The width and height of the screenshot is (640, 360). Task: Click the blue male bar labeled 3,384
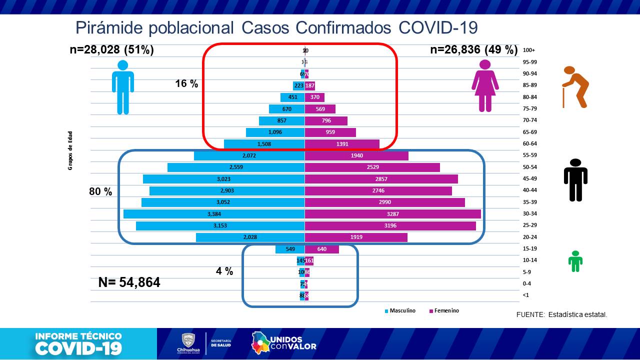(214, 214)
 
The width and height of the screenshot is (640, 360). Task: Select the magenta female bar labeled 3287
(392, 214)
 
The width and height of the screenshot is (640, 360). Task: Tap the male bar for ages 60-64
(264, 144)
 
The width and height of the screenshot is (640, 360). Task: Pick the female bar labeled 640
(321, 249)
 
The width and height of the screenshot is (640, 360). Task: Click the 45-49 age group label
(529, 179)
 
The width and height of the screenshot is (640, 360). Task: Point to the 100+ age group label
(529, 50)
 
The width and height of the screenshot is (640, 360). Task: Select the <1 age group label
(525, 295)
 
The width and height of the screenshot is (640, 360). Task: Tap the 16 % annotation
(186, 84)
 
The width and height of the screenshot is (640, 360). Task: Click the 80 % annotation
(100, 191)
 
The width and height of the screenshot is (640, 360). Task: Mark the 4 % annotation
(224, 271)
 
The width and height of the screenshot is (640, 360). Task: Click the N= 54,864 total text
(129, 282)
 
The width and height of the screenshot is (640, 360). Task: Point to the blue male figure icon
(123, 87)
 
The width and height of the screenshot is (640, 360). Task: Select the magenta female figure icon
(485, 85)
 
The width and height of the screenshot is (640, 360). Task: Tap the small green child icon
(575, 261)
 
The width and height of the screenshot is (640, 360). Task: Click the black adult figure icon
(575, 180)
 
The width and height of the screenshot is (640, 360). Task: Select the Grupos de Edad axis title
(70, 150)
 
